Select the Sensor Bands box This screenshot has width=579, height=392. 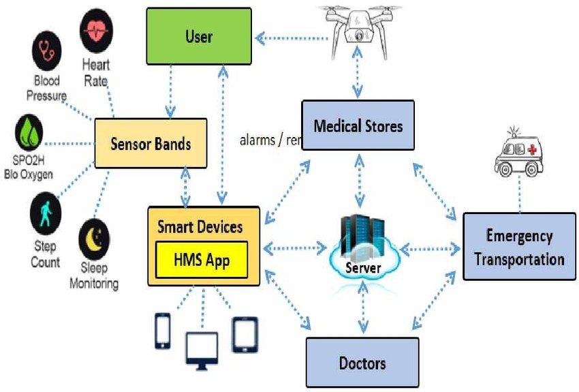(150, 144)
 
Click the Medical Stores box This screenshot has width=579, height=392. (358, 125)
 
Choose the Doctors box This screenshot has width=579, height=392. (362, 362)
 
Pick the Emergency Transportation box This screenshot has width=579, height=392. (519, 247)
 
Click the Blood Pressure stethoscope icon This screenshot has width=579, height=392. (46, 50)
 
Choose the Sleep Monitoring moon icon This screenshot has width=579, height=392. (95, 236)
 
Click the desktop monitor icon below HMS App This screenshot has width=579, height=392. (202, 350)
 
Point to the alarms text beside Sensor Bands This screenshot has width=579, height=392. (270, 141)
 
